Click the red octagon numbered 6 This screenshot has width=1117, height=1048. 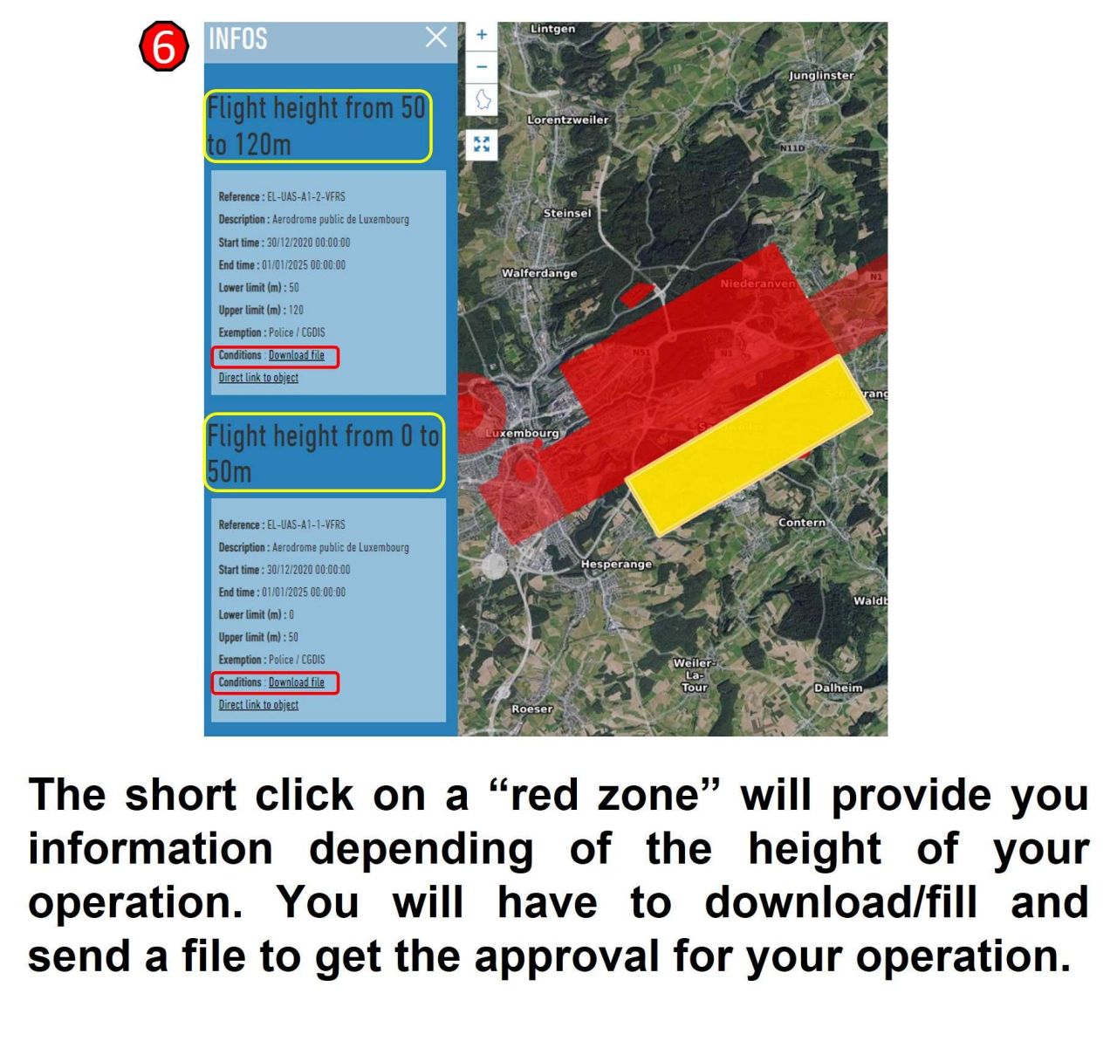tap(163, 47)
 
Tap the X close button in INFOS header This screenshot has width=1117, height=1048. tap(435, 38)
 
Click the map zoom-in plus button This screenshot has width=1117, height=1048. tap(481, 35)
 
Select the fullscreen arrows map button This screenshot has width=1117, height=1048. tap(481, 144)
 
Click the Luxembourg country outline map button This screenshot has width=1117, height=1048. tap(482, 99)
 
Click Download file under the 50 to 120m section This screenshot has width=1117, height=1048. tap(296, 355)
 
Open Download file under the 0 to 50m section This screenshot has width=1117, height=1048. tap(296, 682)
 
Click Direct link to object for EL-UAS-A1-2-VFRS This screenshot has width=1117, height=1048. tap(258, 378)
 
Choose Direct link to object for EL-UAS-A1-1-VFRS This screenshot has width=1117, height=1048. tap(258, 705)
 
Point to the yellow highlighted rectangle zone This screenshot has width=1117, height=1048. tap(748, 444)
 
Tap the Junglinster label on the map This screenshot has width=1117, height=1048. tap(821, 75)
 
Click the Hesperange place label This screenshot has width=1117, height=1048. tap(616, 565)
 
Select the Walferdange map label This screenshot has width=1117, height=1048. tap(539, 273)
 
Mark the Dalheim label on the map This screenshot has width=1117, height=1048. tap(838, 688)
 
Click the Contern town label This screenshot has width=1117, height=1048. tap(801, 523)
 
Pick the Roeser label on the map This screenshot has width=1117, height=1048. tap(531, 709)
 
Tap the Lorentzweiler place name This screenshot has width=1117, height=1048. tap(568, 120)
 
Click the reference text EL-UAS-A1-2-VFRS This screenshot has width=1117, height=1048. tap(305, 197)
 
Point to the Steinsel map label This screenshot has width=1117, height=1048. tap(566, 213)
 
